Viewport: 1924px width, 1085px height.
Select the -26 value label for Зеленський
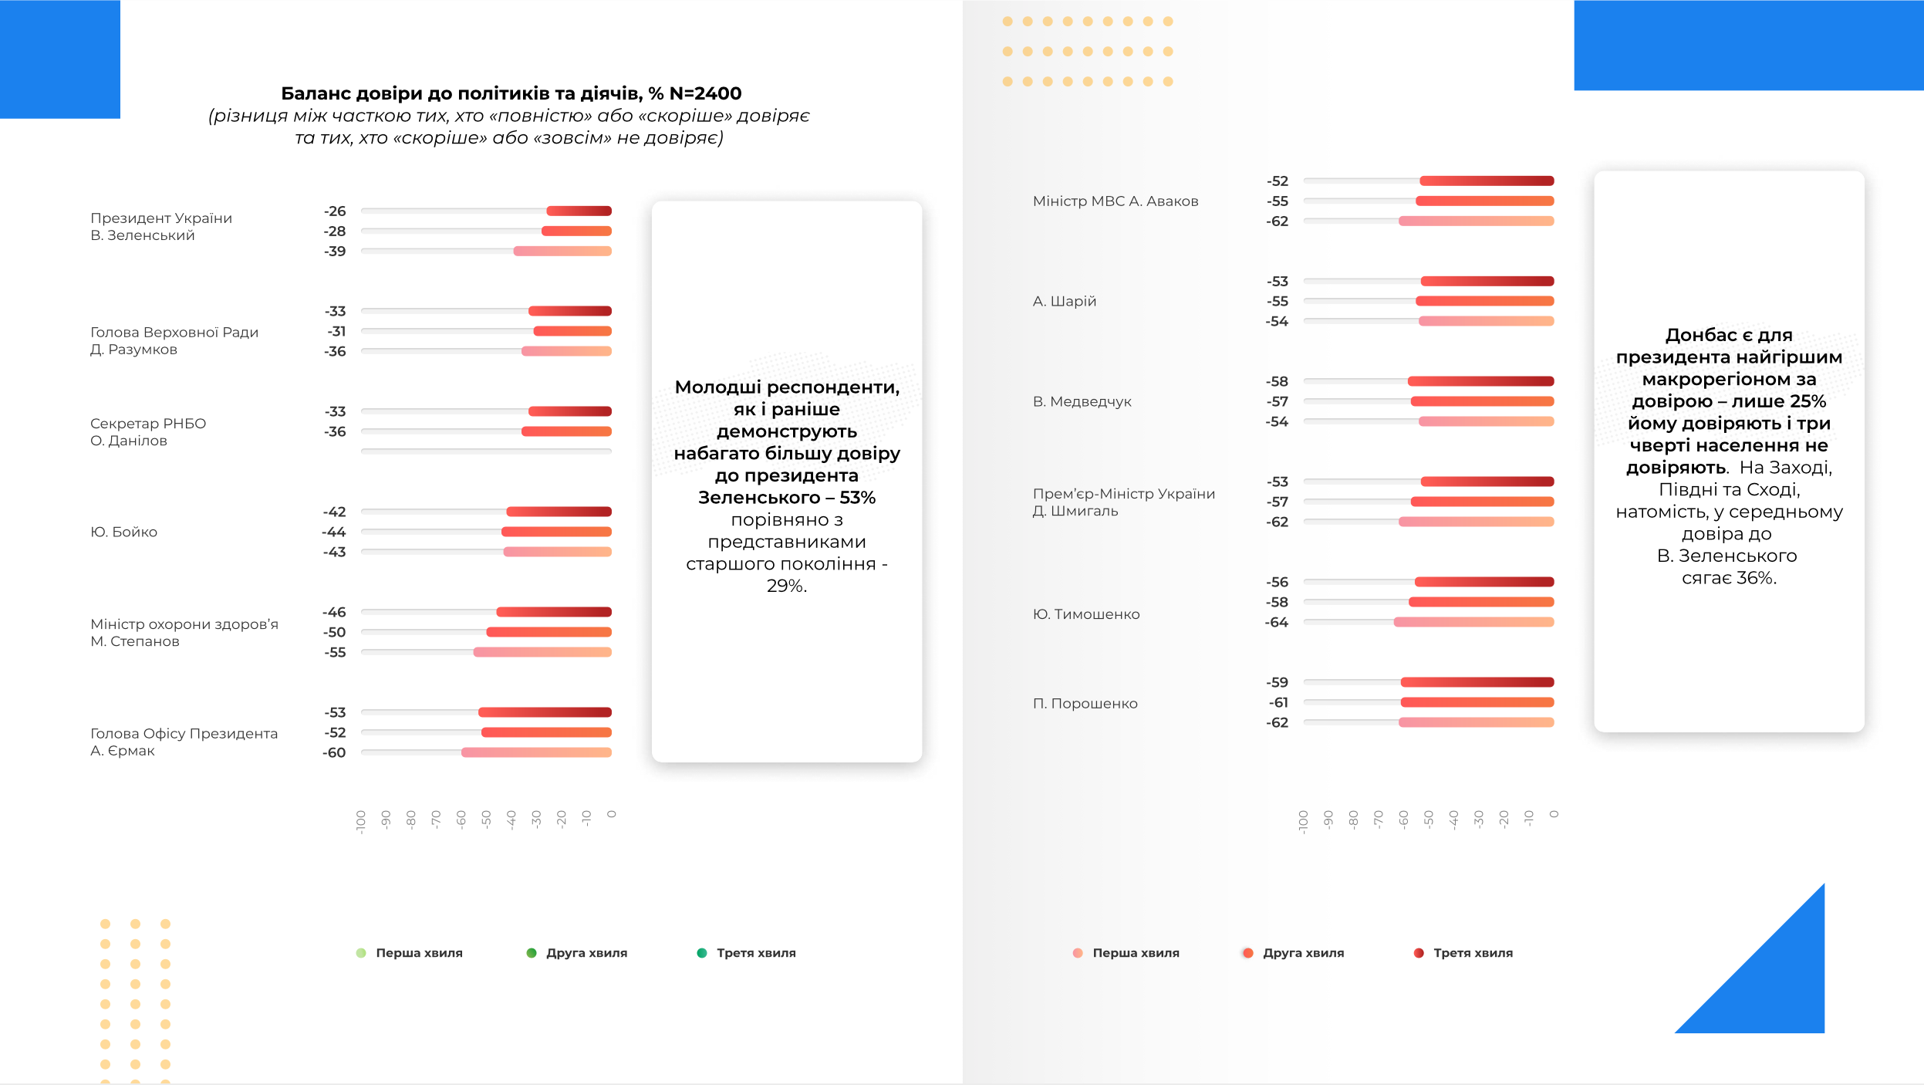coord(335,211)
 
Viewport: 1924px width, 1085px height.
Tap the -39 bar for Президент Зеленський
coord(562,251)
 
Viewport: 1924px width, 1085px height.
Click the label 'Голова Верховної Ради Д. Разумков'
coord(174,340)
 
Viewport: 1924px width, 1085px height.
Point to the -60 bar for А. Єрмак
coord(536,752)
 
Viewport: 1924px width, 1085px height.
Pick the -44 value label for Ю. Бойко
coord(334,532)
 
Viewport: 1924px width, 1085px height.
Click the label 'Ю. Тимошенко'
coord(1085,614)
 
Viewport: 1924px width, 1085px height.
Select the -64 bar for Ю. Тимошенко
coord(1473,622)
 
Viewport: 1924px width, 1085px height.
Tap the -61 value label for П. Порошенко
coord(1278,702)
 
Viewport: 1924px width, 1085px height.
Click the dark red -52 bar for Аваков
coord(1487,181)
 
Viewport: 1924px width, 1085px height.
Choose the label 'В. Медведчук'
coord(1082,401)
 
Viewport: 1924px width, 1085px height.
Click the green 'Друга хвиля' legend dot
coord(532,953)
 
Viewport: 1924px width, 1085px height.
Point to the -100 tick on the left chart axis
coord(361,821)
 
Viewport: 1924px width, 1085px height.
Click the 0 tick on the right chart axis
coord(1554,814)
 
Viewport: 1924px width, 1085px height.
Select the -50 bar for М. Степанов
coord(549,632)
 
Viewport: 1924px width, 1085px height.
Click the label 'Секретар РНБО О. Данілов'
coord(147,432)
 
